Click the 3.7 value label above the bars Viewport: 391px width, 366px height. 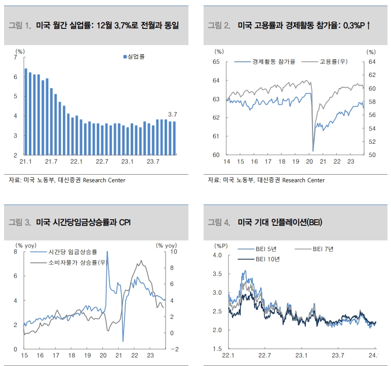pyautogui.click(x=173, y=114)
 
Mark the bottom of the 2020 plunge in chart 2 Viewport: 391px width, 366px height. pyautogui.click(x=313, y=150)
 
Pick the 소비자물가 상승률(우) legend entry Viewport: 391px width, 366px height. pyautogui.click(x=76, y=262)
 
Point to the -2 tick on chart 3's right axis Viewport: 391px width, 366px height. pyautogui.click(x=174, y=349)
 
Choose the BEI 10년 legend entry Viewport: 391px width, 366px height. pyautogui.click(x=267, y=259)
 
